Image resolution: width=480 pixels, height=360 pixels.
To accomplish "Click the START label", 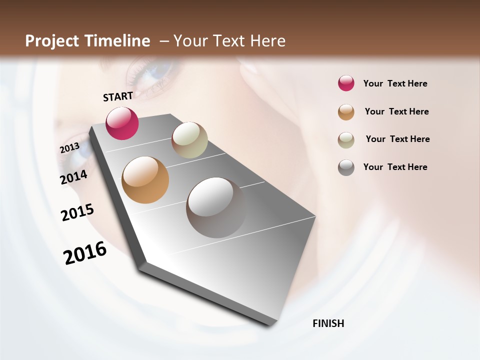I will pos(118,96).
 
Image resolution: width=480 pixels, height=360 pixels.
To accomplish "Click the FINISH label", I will pos(328,323).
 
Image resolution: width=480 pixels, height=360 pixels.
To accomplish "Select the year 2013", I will pos(69,148).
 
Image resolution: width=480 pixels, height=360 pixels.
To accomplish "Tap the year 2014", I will pos(74,177).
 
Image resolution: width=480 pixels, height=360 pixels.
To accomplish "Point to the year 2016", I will pos(85,253).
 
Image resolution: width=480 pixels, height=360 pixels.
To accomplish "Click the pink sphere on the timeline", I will pos(122,123).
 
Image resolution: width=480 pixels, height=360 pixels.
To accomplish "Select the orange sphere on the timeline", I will pos(145,180).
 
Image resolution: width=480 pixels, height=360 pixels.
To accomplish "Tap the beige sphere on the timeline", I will pos(189,140).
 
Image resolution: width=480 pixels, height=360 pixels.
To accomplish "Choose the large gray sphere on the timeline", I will pos(216,207).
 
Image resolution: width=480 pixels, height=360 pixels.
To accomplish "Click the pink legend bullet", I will pos(346,83).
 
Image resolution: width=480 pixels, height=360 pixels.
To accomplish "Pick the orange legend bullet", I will pos(346,112).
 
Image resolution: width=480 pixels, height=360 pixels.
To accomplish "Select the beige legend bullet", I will pos(346,140).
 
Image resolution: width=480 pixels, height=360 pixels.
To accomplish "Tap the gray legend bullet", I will pos(346,167).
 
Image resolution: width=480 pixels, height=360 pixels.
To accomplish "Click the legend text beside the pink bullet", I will pos(395,83).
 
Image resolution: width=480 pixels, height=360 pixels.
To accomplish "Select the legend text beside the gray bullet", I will pos(395,167).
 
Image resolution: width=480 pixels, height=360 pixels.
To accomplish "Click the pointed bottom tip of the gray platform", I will pos(270,324).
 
